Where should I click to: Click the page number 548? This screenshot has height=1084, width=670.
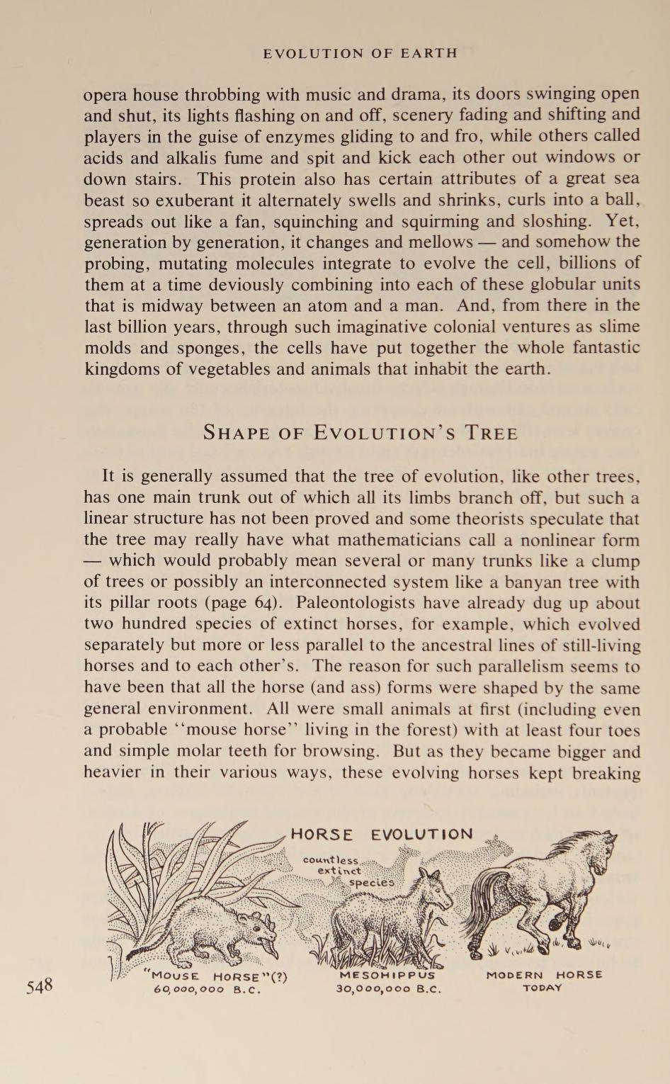pyautogui.click(x=40, y=986)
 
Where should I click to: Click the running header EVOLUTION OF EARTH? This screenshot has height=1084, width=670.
pyautogui.click(x=360, y=53)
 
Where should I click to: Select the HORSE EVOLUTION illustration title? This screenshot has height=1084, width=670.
pyautogui.click(x=382, y=834)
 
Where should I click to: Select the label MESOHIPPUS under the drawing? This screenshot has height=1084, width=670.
pyautogui.click(x=387, y=974)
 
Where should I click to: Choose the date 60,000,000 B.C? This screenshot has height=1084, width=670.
pyautogui.click(x=208, y=990)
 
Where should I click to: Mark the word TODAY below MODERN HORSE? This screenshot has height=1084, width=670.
pyautogui.click(x=543, y=988)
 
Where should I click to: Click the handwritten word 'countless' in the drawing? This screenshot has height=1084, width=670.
pyautogui.click(x=330, y=860)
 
